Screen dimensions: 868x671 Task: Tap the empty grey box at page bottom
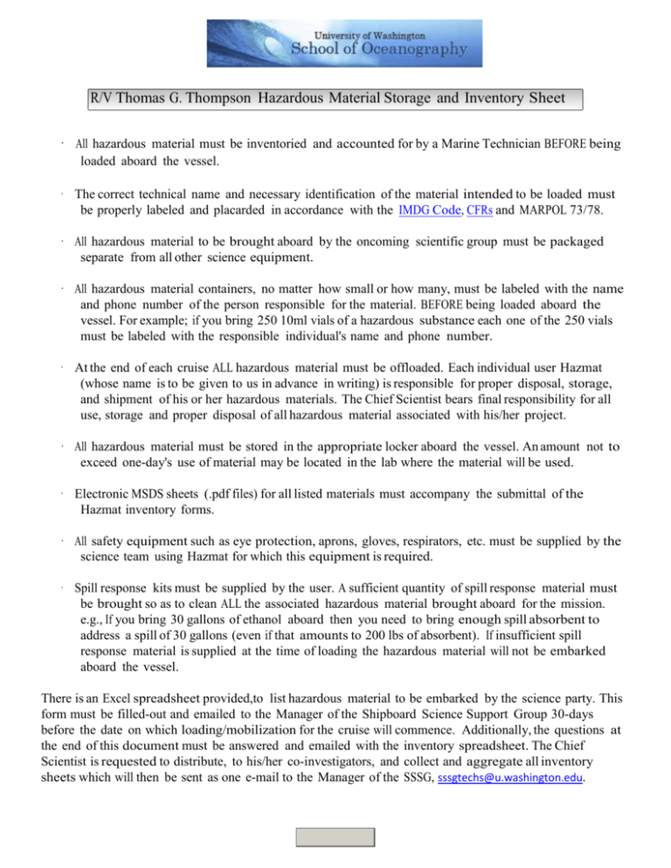(335, 837)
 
